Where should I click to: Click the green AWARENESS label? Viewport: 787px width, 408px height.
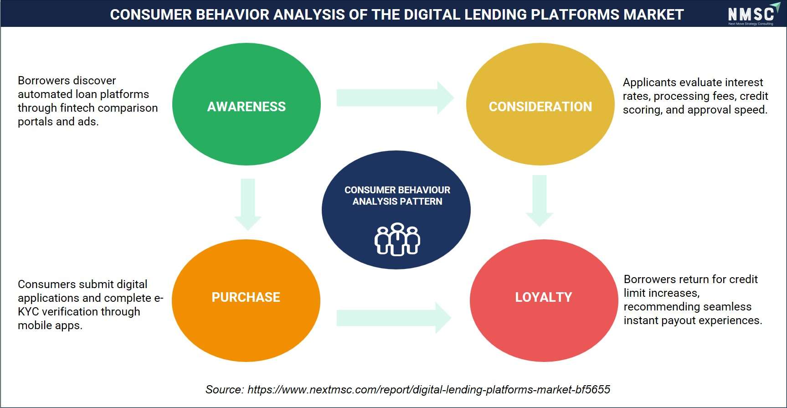pos(247,107)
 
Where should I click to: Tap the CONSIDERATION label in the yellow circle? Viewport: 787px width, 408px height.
pos(540,107)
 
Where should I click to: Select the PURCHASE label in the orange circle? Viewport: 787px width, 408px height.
pos(246,297)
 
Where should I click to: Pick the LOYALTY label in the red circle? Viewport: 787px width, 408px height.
pos(544,297)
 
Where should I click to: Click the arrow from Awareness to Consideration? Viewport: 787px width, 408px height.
pos(395,98)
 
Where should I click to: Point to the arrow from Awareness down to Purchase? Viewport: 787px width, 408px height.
pos(248,204)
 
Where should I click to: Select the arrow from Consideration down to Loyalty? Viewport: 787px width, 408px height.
pos(540,201)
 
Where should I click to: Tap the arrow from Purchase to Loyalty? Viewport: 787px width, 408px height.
pos(394,318)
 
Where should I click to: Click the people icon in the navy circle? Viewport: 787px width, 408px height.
pos(397,239)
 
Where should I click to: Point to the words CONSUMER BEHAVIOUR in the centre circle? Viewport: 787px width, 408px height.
pos(397,190)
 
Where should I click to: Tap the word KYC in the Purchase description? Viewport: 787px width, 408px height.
pos(28,312)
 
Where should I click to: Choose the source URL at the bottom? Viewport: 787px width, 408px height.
pos(429,390)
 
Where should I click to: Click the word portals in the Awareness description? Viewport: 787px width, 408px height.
pos(35,122)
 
